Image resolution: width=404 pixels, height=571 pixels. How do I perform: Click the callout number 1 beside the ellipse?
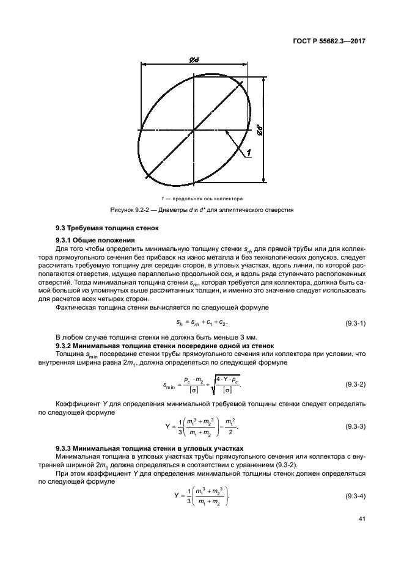coord(249,155)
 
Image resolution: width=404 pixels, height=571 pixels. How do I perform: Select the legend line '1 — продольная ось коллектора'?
coord(202,198)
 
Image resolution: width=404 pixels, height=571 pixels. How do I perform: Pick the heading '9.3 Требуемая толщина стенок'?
coord(100,228)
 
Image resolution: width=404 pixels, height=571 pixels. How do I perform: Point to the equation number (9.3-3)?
coord(352,425)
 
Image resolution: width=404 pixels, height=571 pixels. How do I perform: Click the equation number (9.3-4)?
coord(352,495)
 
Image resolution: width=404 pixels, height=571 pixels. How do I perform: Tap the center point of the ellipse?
coord(194,129)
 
